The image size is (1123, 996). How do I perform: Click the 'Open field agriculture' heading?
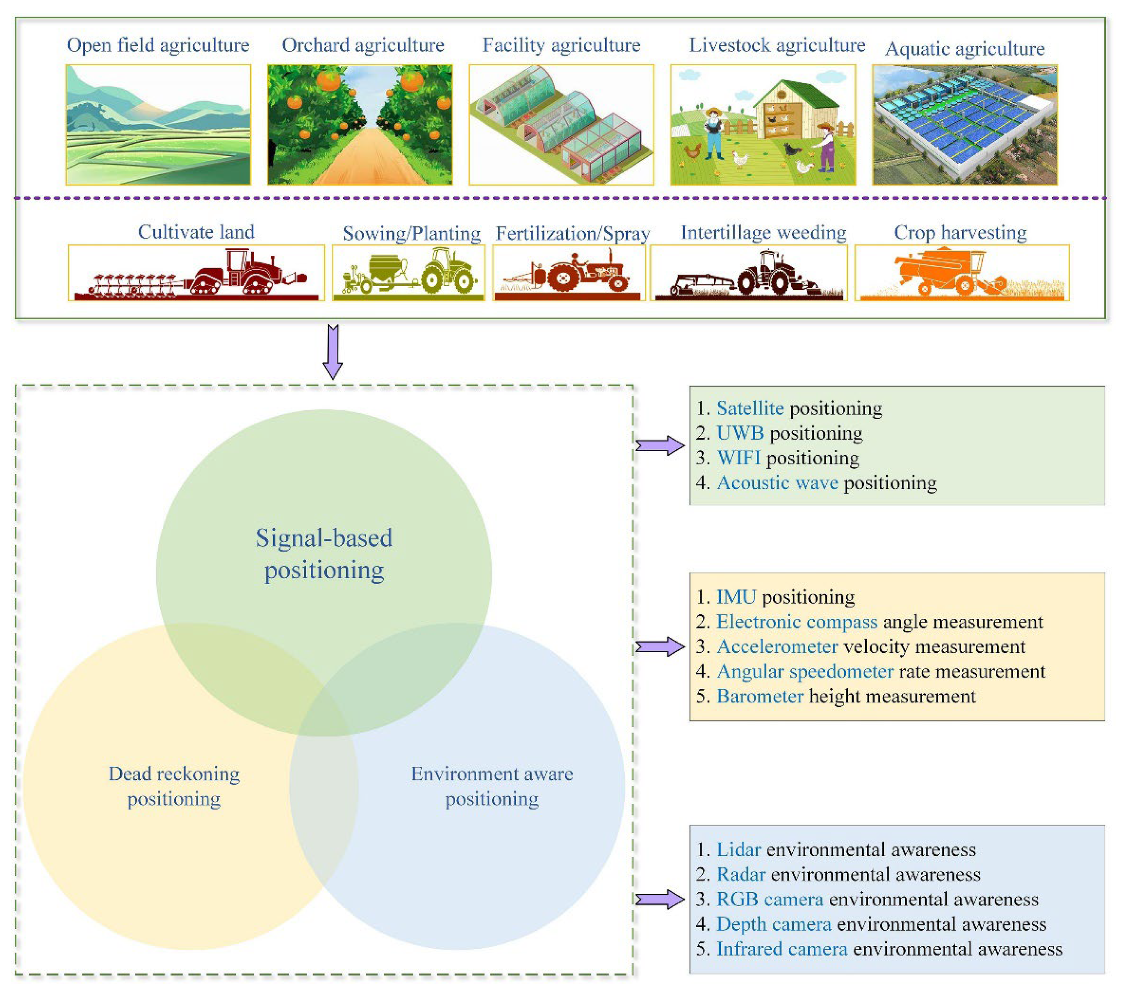158,45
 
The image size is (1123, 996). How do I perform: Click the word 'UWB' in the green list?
740,434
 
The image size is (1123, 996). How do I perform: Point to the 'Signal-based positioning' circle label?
324,554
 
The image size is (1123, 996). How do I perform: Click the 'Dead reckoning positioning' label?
174,786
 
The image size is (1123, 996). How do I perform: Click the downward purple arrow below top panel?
333,352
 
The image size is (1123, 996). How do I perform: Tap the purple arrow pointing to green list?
660,445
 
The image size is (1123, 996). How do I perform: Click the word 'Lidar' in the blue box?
738,850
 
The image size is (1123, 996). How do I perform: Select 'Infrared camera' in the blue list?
781,949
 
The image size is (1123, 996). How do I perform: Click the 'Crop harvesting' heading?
960,232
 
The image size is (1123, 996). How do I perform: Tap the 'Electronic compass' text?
797,622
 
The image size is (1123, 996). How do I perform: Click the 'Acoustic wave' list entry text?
777,483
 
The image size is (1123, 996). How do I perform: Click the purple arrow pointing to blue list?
660,899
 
